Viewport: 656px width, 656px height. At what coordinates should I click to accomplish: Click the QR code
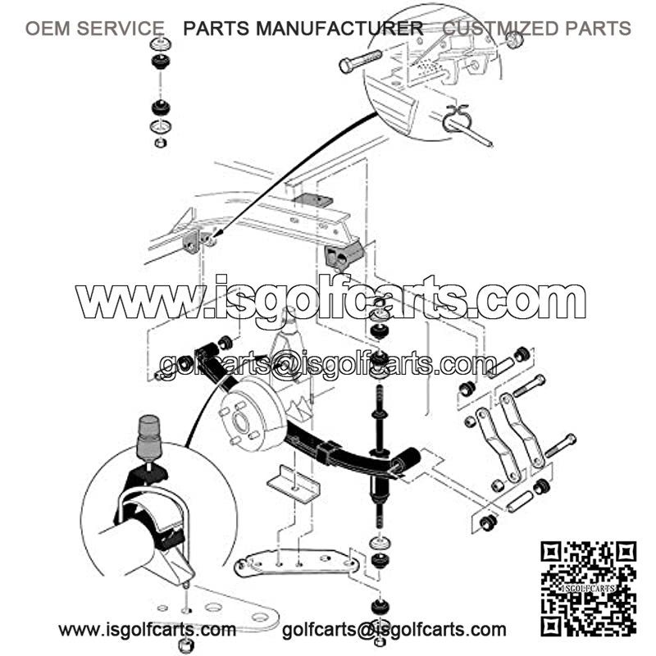point(588,589)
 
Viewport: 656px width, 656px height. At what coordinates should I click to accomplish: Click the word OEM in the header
point(48,29)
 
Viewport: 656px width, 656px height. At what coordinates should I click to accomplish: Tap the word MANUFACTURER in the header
point(339,29)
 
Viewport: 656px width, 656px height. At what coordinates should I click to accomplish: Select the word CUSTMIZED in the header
point(500,29)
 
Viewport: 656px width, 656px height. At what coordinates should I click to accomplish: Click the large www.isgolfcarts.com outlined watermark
point(330,298)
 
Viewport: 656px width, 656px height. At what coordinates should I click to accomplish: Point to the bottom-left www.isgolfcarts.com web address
point(148,629)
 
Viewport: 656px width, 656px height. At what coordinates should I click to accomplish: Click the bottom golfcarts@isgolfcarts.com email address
point(394,629)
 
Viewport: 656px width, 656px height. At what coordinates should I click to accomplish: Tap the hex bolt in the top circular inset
point(360,61)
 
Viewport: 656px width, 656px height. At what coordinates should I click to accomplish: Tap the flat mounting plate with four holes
point(296,563)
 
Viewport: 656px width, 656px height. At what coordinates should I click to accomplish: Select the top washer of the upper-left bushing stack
point(161,43)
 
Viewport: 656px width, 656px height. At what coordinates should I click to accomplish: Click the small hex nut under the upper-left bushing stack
point(161,143)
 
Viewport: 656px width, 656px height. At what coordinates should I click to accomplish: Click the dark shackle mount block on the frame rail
point(341,255)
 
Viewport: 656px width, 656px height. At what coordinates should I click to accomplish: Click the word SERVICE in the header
point(121,29)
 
